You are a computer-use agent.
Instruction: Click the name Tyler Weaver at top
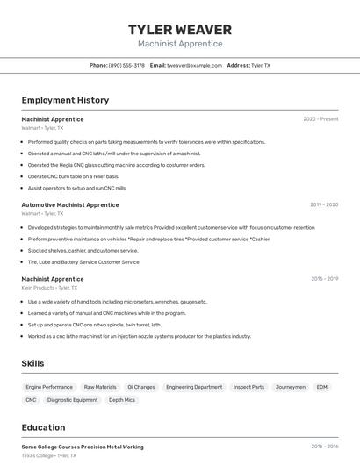[x=180, y=30]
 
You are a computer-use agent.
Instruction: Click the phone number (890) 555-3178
[x=126, y=66]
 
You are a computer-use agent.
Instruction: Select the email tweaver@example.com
[x=194, y=66]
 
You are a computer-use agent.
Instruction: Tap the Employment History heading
[x=65, y=100]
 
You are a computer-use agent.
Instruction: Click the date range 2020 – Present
[x=320, y=119]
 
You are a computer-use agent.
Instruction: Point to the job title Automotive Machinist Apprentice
[x=70, y=204]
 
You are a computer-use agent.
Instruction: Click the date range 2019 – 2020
[x=324, y=204]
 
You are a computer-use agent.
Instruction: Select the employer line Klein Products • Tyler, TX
[x=49, y=288]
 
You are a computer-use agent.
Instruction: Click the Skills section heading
[x=33, y=363]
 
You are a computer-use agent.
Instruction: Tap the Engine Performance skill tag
[x=49, y=387]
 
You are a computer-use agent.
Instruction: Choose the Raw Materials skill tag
[x=100, y=387]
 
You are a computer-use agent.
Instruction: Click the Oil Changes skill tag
[x=140, y=387]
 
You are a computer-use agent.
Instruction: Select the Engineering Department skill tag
[x=194, y=387]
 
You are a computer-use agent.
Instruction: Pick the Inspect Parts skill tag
[x=248, y=387]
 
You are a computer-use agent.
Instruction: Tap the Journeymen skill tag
[x=291, y=387]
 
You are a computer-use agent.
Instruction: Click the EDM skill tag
[x=322, y=387]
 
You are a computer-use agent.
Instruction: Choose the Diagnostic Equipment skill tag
[x=73, y=400]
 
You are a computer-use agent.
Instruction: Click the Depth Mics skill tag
[x=122, y=400]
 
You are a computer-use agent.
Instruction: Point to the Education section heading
[x=43, y=428]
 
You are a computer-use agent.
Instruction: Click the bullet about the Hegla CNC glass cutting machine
[x=116, y=165]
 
